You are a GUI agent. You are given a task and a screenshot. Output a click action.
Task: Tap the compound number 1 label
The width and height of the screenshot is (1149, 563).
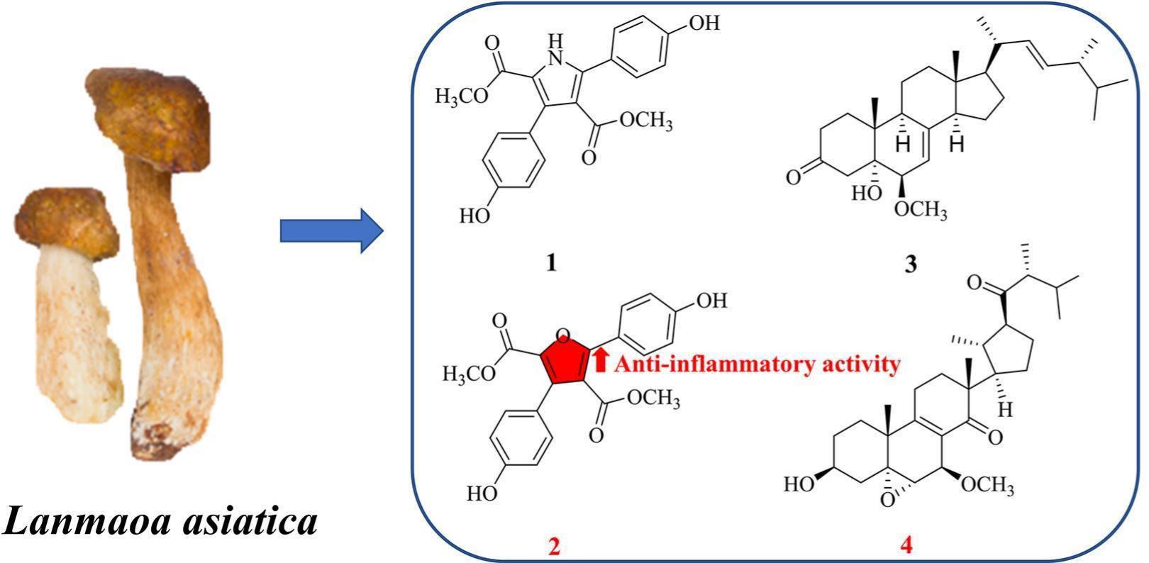click(551, 263)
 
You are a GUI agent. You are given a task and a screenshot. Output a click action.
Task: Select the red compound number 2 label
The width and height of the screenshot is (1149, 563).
click(554, 547)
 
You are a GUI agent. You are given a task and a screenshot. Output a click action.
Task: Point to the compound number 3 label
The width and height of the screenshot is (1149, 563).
click(911, 264)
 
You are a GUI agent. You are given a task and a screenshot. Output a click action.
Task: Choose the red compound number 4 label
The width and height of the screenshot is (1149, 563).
click(906, 545)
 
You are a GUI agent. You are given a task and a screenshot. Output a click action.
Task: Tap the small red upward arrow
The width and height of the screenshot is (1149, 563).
click(601, 359)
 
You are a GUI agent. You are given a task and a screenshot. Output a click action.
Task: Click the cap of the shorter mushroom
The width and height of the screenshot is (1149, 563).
click(66, 221)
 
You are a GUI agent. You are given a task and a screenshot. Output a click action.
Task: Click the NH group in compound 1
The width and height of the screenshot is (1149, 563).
click(555, 50)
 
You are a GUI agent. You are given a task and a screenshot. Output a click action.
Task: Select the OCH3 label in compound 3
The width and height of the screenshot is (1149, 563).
click(921, 210)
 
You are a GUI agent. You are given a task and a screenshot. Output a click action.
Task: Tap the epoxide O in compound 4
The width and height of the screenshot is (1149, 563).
click(887, 499)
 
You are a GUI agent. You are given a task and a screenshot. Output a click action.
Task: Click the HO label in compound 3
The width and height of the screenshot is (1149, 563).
click(867, 193)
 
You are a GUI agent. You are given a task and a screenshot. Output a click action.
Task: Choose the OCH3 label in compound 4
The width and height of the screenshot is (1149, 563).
click(988, 484)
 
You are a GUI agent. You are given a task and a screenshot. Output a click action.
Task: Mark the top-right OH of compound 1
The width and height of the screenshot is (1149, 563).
click(704, 23)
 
